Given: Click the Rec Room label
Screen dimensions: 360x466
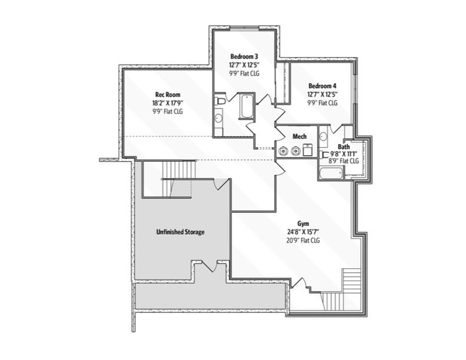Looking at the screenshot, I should pos(168,95).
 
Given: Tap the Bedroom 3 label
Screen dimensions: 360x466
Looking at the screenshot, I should pos(244,56).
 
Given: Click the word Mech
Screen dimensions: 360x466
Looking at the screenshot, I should pos(299,136).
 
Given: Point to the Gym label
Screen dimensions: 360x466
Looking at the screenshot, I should pos(303,224).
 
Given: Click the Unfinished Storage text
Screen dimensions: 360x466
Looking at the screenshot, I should pos(180,232).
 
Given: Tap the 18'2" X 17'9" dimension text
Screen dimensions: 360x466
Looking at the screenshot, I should pos(168,102).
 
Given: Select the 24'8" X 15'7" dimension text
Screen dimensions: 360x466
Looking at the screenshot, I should pos(303,232).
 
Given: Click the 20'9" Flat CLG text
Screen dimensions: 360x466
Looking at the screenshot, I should pos(303,240).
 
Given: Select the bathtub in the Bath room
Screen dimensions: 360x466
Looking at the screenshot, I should pos(331,173).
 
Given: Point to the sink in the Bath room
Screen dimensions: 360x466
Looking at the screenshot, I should pos(323,137).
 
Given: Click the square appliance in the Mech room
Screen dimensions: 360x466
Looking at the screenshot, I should pos(307,151).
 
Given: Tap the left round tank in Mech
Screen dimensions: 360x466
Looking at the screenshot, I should pos(282,151).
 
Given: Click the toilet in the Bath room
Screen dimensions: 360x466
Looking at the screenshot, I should pos(324,155).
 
